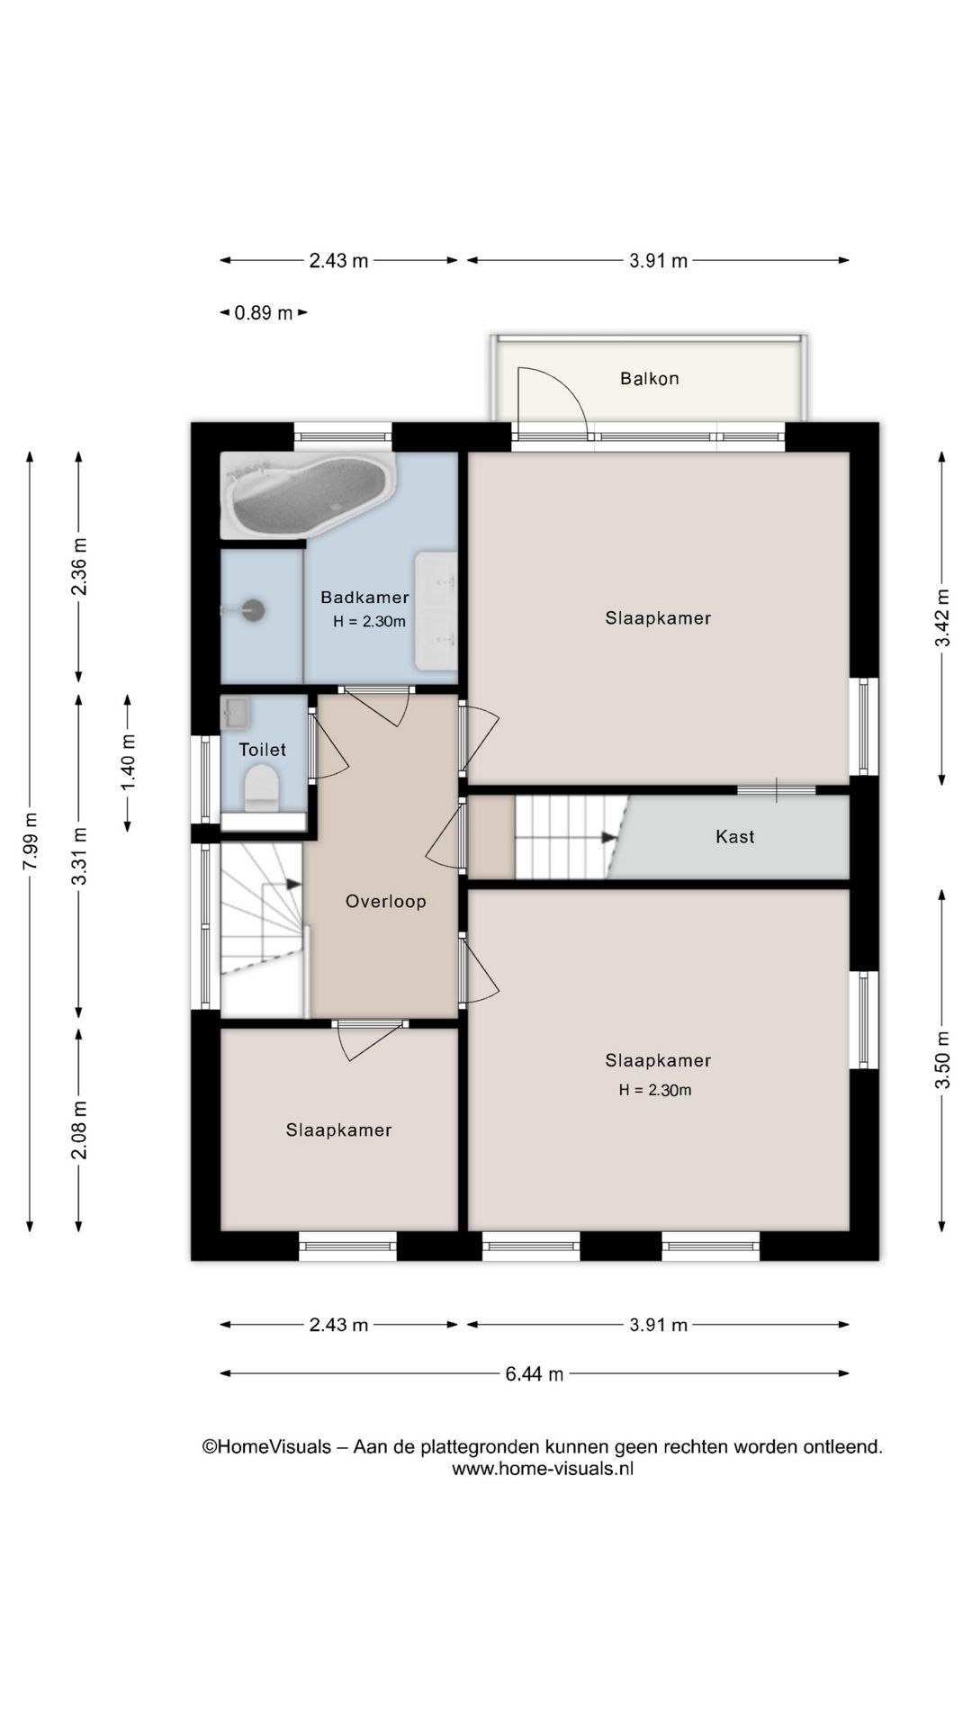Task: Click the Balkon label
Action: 649,379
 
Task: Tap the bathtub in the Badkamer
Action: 309,496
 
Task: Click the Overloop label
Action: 385,901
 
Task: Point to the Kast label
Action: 734,836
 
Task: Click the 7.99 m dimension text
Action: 31,841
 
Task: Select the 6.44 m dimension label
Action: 535,1373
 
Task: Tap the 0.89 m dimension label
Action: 264,313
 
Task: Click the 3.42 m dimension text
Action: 942,617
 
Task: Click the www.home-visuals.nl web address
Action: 543,1468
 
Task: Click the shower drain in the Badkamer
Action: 255,610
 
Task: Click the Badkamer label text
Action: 364,597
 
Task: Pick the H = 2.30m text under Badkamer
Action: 369,621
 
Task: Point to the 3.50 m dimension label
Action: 942,1059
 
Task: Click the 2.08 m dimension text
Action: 79,1130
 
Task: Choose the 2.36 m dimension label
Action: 79,566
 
